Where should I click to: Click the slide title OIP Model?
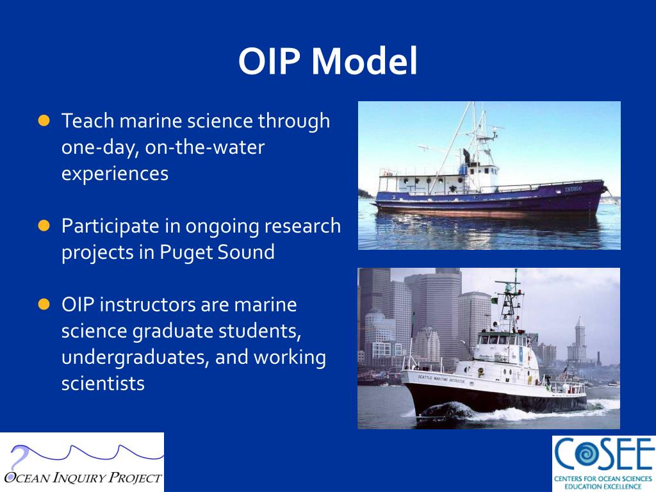(x=327, y=62)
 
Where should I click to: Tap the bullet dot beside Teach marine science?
(x=44, y=120)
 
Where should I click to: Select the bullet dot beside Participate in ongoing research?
(x=44, y=225)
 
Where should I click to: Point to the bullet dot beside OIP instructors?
(x=44, y=304)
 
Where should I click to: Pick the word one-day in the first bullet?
(x=100, y=147)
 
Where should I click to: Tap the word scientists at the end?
(x=102, y=384)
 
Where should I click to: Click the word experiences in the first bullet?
(x=115, y=174)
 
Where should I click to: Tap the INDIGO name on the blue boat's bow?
(x=573, y=190)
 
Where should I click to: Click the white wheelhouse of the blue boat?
(x=482, y=175)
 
